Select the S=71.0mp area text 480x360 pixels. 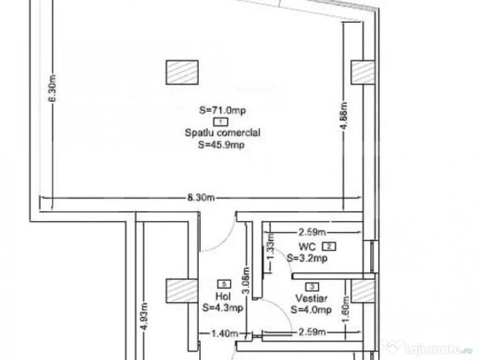[x=222, y=110]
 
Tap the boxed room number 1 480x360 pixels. [x=221, y=121]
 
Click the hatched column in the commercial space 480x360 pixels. [x=182, y=72]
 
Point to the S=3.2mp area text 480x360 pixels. [x=309, y=259]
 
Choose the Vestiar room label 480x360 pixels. [x=311, y=299]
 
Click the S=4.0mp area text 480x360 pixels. [x=311, y=310]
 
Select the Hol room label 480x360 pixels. [x=222, y=296]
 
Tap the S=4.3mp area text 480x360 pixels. [x=222, y=308]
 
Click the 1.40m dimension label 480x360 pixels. [x=226, y=333]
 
